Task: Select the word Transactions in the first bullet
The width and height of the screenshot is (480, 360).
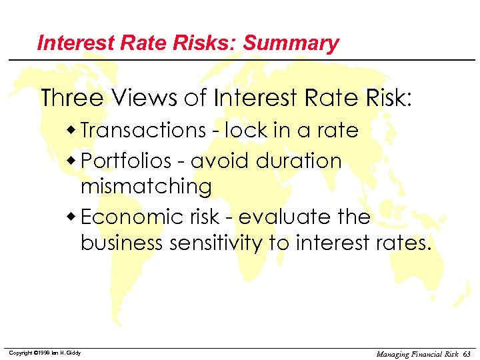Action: click(x=143, y=130)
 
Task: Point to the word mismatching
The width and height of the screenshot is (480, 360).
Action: click(x=146, y=186)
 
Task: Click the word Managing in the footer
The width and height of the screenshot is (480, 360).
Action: click(x=394, y=353)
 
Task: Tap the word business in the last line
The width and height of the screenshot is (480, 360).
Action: click(x=121, y=243)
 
